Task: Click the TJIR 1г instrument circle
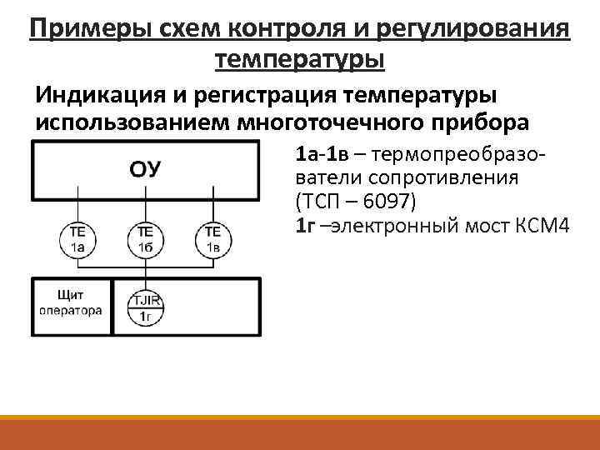tap(145, 306)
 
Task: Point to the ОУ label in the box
tap(145, 169)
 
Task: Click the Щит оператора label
tap(71, 301)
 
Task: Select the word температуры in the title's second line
tap(300, 60)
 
